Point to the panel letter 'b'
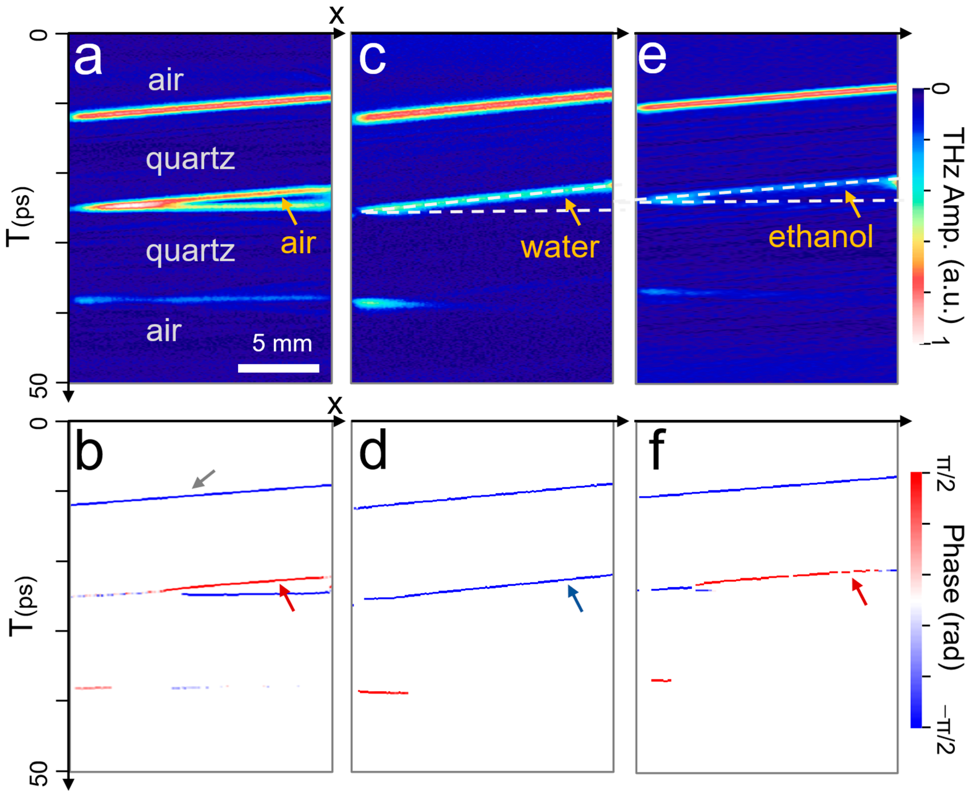[x=89, y=451]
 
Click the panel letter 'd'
[x=372, y=451]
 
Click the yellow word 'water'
[x=560, y=247]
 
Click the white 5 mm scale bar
[x=278, y=368]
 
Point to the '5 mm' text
[x=282, y=343]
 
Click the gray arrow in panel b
[x=203, y=479]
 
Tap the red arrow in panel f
[x=859, y=592]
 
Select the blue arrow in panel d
[x=575, y=598]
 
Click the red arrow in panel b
[x=287, y=597]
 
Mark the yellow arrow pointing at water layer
[x=573, y=212]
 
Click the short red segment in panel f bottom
[x=661, y=680]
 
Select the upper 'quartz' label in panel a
[x=190, y=159]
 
